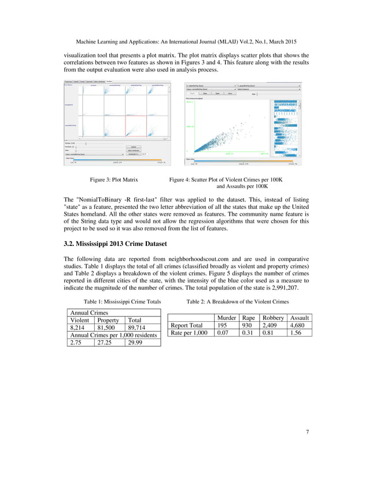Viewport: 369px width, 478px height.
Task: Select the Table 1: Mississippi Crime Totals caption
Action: click(123, 301)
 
